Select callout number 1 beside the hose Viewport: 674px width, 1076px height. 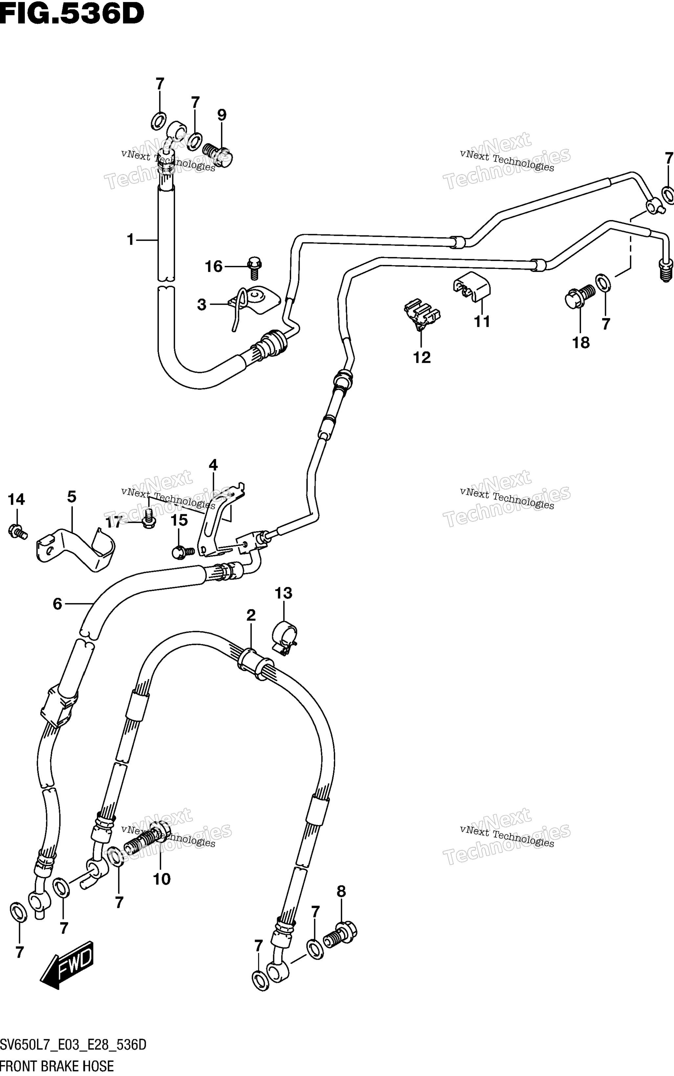[x=130, y=240]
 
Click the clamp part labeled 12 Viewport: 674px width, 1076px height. [x=422, y=313]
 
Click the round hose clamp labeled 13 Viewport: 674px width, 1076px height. [x=284, y=638]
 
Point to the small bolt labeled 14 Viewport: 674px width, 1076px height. [x=18, y=532]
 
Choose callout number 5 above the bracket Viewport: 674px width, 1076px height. [x=72, y=496]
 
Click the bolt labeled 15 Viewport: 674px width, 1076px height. [x=183, y=552]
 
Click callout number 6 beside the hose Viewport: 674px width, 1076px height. [x=57, y=604]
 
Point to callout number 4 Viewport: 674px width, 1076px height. [x=213, y=465]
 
